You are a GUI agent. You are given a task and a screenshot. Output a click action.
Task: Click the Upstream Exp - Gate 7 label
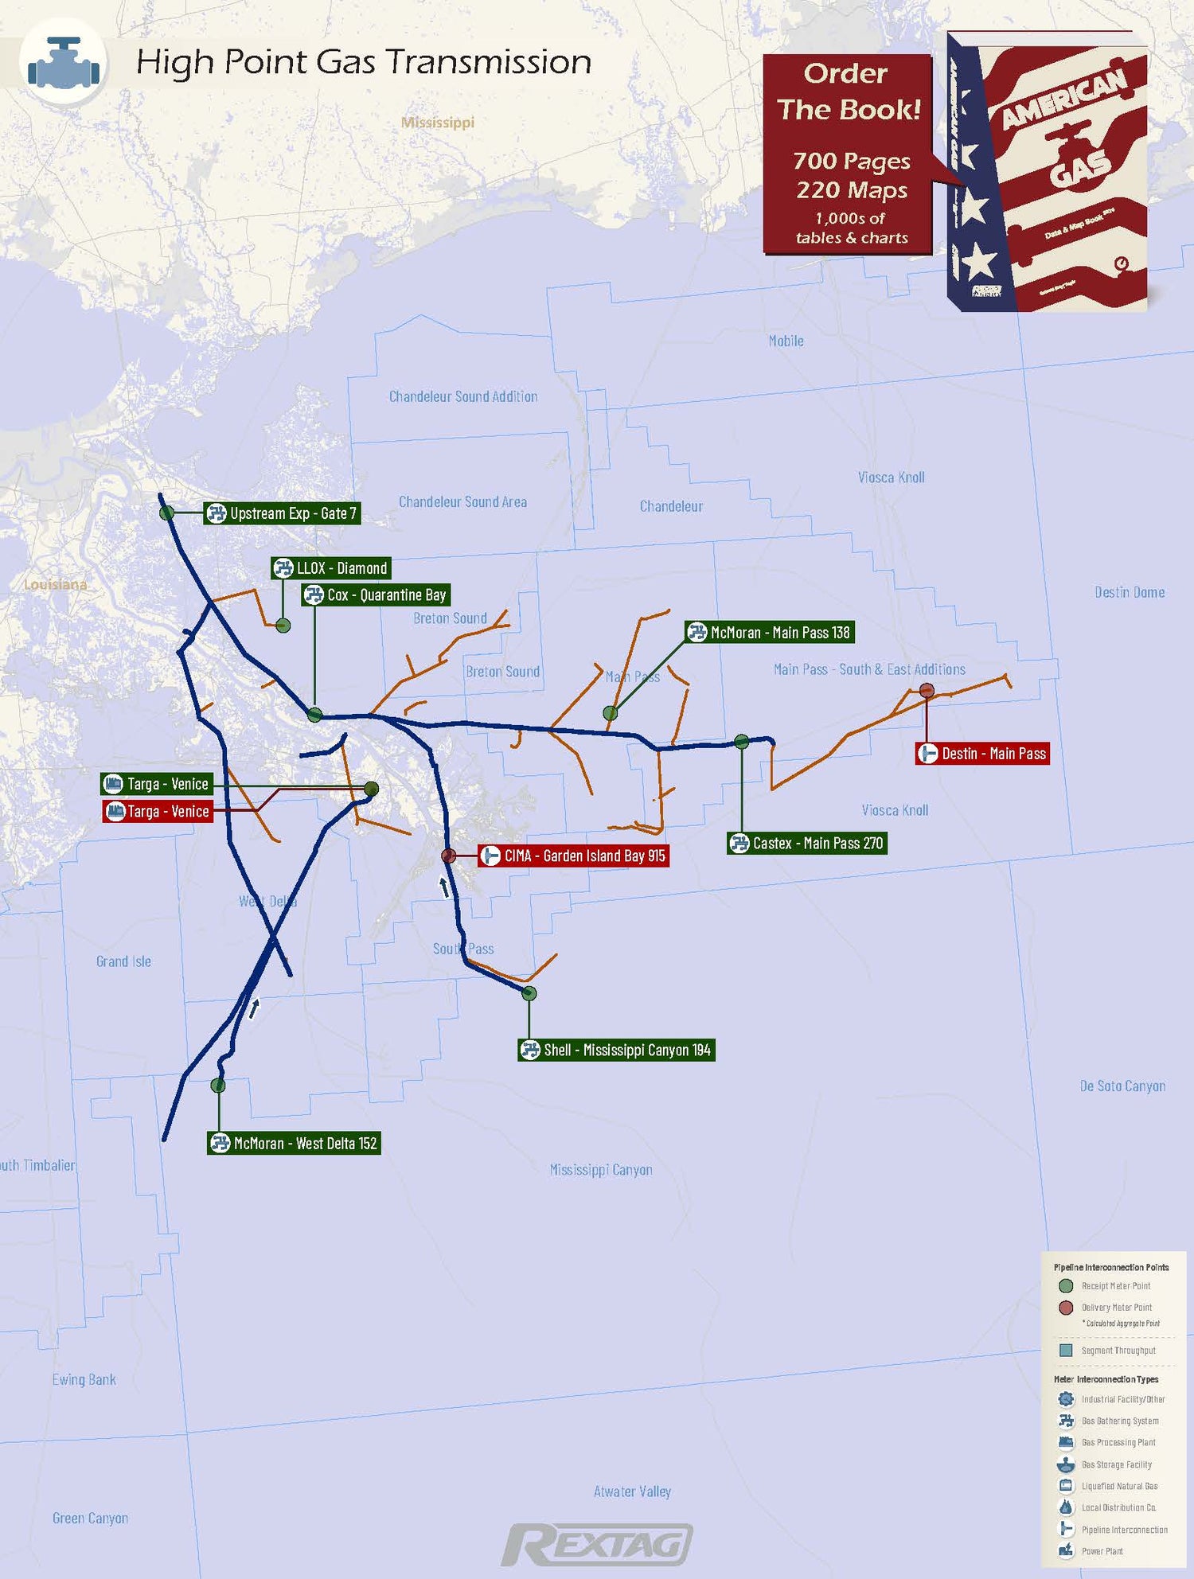(283, 513)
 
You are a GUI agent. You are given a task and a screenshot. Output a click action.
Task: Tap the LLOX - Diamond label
(331, 568)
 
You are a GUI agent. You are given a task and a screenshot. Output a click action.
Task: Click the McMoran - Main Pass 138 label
(771, 633)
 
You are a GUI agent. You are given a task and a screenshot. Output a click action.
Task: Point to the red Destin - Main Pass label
(983, 754)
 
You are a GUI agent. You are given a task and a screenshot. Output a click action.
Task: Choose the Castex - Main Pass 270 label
(807, 844)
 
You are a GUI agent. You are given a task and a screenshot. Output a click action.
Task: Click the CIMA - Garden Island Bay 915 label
(574, 856)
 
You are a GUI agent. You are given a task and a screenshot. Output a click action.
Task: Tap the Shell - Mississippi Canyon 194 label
(616, 1051)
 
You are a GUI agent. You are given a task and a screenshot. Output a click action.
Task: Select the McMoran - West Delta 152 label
(294, 1144)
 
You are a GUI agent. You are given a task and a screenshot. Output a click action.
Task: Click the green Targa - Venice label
(157, 784)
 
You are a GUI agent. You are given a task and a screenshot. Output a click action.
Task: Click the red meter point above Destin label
(927, 690)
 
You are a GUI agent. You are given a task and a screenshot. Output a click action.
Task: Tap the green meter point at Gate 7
(167, 513)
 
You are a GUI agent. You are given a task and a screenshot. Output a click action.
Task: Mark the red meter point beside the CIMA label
(449, 856)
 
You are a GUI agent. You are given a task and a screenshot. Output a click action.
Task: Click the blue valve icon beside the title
(64, 63)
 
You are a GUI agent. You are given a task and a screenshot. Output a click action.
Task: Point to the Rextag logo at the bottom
(597, 1545)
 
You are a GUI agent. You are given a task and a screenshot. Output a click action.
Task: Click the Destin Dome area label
(1129, 592)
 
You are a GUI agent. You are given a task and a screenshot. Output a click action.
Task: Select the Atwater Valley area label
(632, 1491)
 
